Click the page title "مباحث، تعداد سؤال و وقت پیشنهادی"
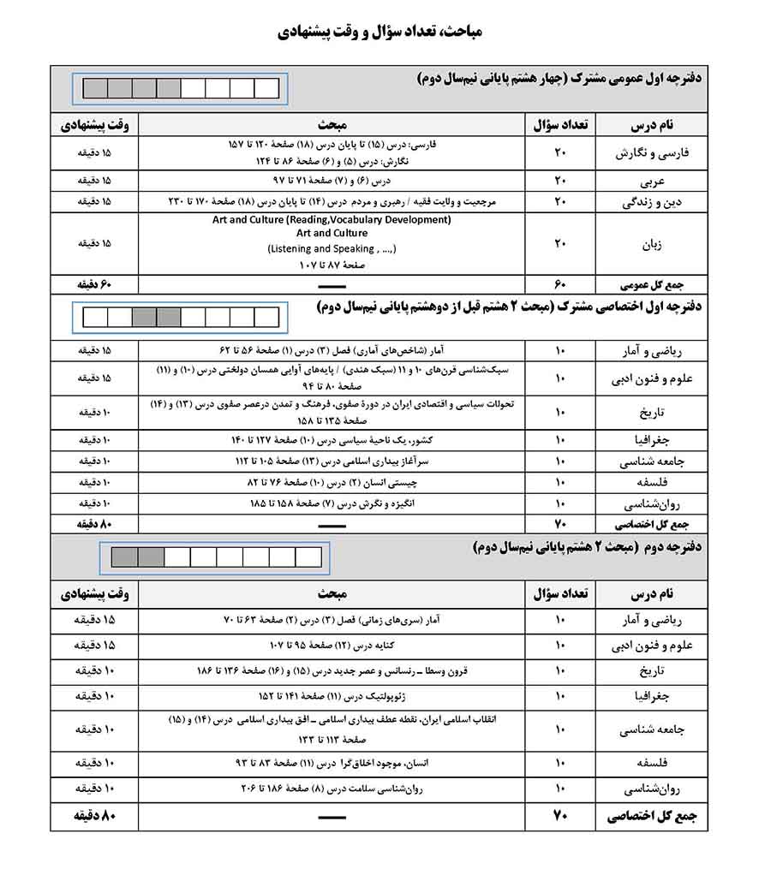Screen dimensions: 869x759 point(379,33)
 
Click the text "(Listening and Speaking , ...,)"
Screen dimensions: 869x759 point(332,248)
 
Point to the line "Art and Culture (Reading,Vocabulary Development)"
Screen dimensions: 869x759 point(332,220)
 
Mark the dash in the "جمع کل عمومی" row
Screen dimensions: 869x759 point(332,284)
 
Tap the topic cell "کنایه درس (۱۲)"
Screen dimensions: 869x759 point(332,644)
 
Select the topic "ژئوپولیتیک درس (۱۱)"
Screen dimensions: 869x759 point(332,694)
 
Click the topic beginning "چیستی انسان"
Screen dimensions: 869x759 point(332,482)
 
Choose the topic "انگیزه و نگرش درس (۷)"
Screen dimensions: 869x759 point(332,503)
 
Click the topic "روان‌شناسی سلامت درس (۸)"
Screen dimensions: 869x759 point(332,787)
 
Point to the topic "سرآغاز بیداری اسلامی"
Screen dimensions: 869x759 point(332,461)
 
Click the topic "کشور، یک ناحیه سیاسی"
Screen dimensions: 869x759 point(332,439)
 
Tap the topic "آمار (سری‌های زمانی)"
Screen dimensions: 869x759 point(332,618)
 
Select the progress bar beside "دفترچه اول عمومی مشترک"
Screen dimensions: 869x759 point(182,88)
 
